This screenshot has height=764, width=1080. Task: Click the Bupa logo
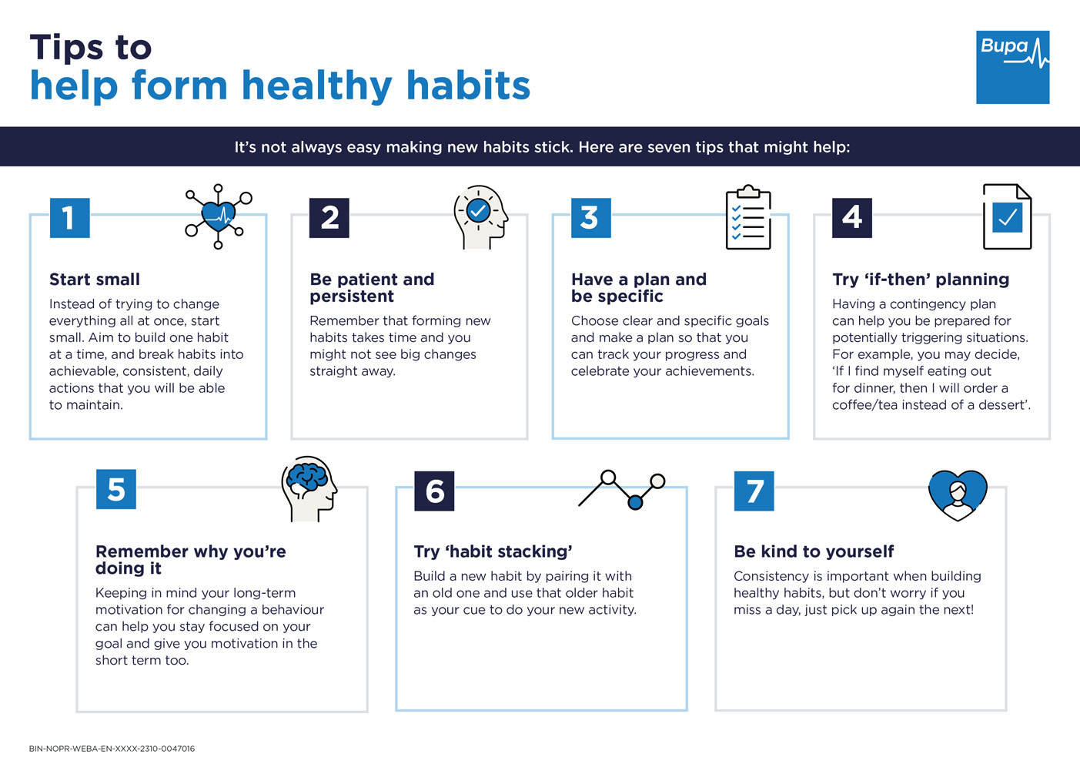(x=1012, y=67)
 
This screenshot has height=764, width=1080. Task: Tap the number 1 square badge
(x=69, y=218)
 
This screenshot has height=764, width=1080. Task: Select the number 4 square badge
(x=851, y=218)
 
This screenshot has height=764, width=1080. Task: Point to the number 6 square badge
(x=434, y=491)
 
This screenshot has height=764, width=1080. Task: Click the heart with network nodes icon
(x=219, y=216)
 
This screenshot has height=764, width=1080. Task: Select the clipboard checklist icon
(x=748, y=217)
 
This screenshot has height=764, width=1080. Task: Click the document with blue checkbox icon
(x=1007, y=216)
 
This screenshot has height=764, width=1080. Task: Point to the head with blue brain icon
(x=309, y=488)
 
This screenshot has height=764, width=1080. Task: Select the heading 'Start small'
(x=95, y=280)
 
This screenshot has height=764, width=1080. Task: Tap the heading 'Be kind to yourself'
(x=814, y=551)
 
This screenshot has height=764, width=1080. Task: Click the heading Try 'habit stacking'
(x=493, y=551)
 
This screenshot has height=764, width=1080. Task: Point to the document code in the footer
(x=112, y=749)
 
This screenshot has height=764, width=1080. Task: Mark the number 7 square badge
(x=754, y=491)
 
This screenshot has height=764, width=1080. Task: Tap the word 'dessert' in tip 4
(x=1001, y=405)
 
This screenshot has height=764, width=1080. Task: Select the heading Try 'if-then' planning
(x=921, y=280)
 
